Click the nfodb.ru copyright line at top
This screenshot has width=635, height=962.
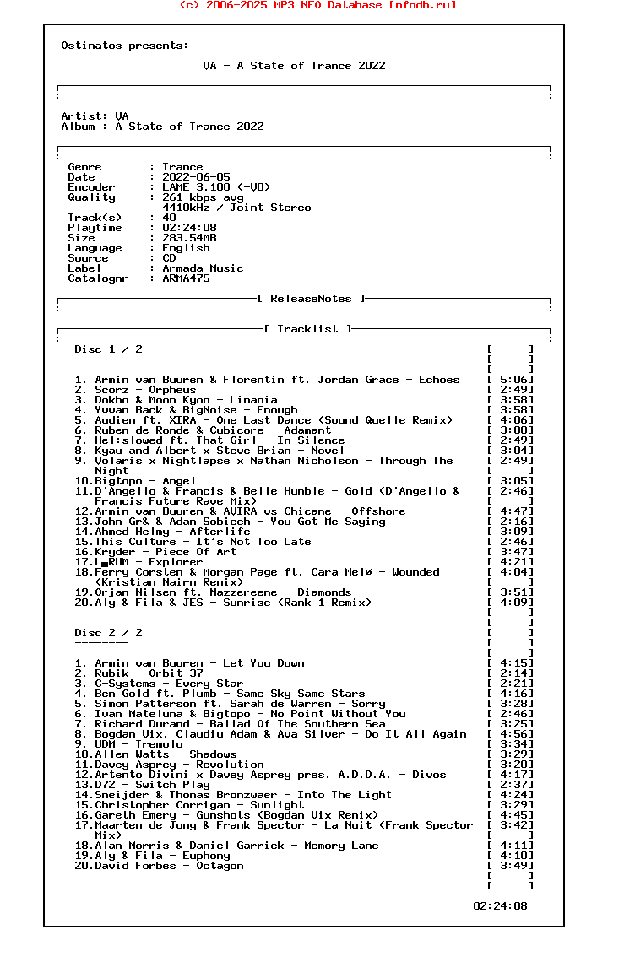pyautogui.click(x=317, y=5)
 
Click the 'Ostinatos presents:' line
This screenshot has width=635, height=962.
pyautogui.click(x=125, y=46)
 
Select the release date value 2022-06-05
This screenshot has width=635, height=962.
pyautogui.click(x=196, y=177)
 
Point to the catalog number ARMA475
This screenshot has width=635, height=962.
pyautogui.click(x=186, y=278)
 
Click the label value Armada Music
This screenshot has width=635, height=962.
pyautogui.click(x=203, y=268)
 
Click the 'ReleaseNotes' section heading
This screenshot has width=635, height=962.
pyautogui.click(x=311, y=299)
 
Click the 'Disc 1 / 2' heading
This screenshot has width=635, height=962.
pyautogui.click(x=108, y=349)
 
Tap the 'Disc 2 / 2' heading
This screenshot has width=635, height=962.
pyautogui.click(x=108, y=633)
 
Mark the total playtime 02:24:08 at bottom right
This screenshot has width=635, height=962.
pyautogui.click(x=500, y=906)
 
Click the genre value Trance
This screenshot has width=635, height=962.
pyautogui.click(x=182, y=167)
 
